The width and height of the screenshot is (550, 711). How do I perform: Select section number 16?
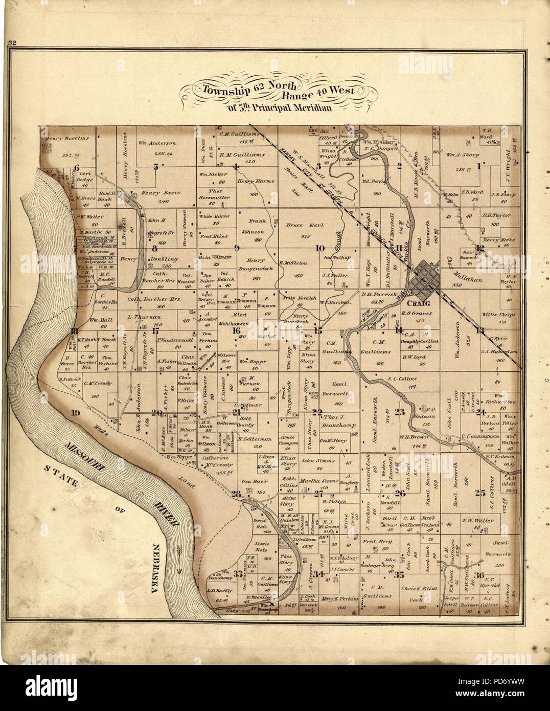pyautogui.click(x=236, y=330)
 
